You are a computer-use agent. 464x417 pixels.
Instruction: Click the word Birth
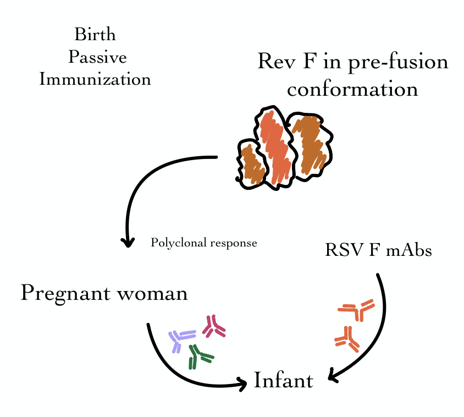tap(95, 35)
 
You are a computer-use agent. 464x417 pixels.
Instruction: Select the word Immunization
tap(95, 79)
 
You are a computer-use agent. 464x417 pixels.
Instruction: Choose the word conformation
tap(352, 89)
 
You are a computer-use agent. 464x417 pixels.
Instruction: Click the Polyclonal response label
tap(204, 243)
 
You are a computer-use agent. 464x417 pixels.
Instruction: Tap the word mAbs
tap(409, 250)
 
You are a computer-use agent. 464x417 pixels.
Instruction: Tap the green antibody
tap(198, 356)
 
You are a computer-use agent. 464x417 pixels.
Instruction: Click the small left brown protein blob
tap(251, 164)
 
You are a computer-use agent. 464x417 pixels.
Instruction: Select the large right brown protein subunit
tap(310, 144)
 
